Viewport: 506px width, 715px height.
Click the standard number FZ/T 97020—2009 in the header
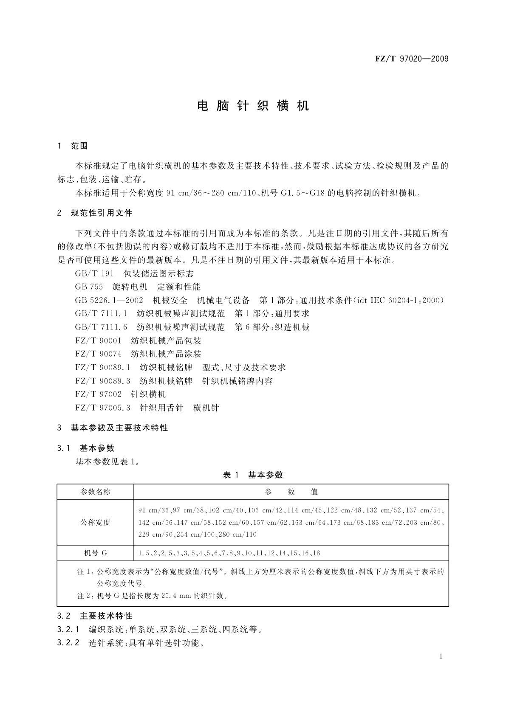411,59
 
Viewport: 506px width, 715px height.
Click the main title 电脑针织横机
253,106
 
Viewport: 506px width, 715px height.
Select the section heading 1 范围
73,146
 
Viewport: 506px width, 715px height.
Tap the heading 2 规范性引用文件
95,213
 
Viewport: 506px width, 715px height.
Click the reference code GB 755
89,287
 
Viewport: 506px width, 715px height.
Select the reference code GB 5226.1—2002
109,300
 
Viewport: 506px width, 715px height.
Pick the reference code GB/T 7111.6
101,327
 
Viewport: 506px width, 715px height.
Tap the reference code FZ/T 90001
98,341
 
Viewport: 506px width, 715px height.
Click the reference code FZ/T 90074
98,354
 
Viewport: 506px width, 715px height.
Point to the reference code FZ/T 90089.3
102,381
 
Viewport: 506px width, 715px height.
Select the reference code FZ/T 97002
98,394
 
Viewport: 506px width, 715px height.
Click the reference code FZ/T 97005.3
102,408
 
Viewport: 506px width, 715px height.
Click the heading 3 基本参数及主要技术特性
113,428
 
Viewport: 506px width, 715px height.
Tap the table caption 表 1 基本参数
253,475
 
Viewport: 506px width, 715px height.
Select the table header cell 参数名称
95,492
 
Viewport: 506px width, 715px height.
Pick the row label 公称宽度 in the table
95,522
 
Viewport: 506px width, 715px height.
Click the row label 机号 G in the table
95,553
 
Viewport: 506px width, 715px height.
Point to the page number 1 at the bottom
441,656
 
